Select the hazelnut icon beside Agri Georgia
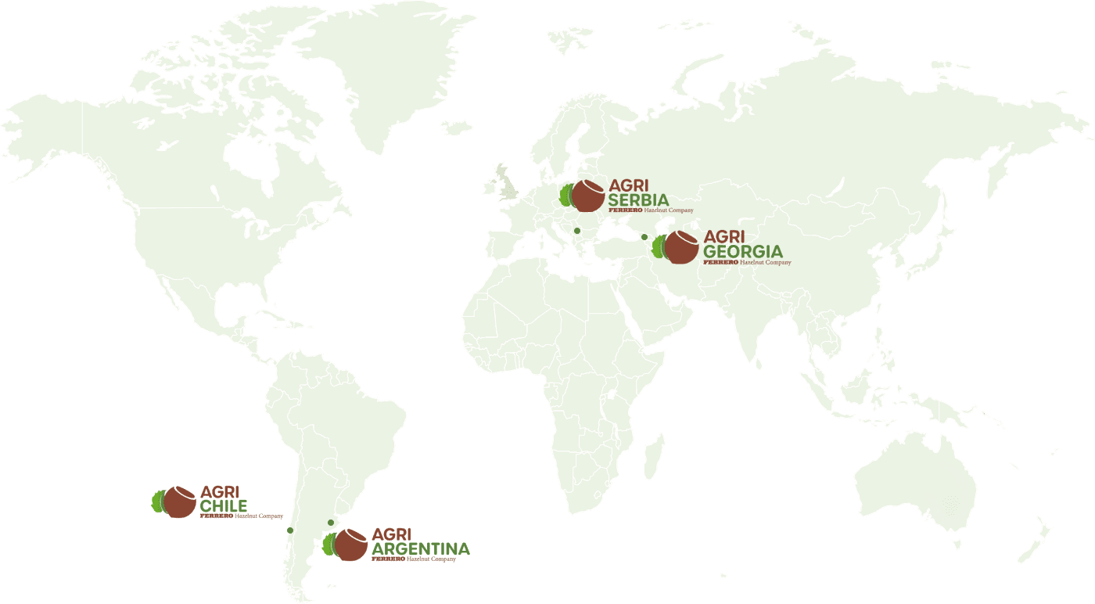(x=681, y=248)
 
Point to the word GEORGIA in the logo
(x=743, y=251)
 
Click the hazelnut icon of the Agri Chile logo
(x=179, y=502)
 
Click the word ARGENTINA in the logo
(x=421, y=549)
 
